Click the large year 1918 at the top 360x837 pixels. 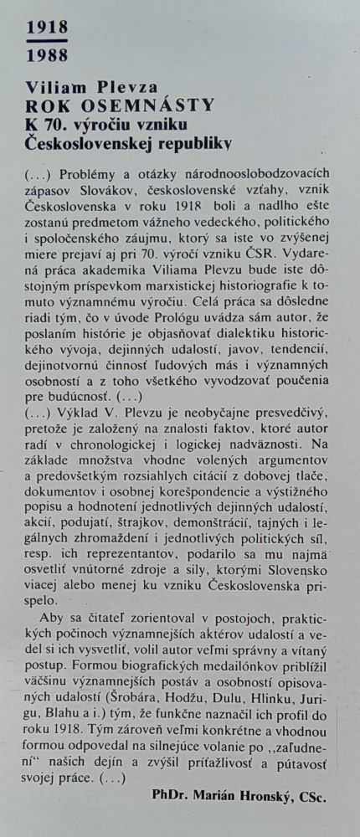coord(47,28)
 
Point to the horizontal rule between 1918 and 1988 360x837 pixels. coord(47,42)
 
